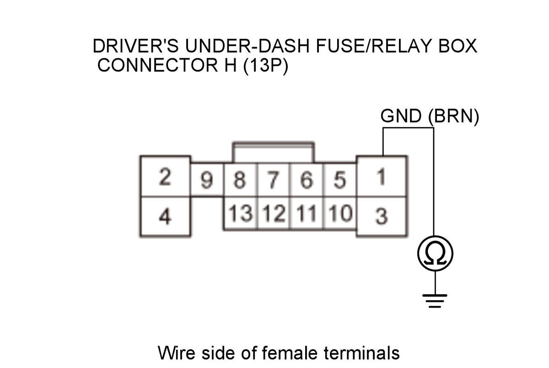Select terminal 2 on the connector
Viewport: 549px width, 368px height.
click(x=165, y=177)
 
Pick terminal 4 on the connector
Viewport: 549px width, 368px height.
click(x=165, y=216)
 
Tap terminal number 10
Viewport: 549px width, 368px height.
click(x=339, y=213)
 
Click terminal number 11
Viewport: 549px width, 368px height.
click(x=306, y=213)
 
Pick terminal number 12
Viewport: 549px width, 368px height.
click(x=273, y=213)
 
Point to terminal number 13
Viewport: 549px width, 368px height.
click(x=240, y=213)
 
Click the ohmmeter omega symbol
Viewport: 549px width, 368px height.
click(x=435, y=253)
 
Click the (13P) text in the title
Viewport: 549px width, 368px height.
click(x=265, y=65)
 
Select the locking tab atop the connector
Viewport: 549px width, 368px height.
click(x=273, y=152)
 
